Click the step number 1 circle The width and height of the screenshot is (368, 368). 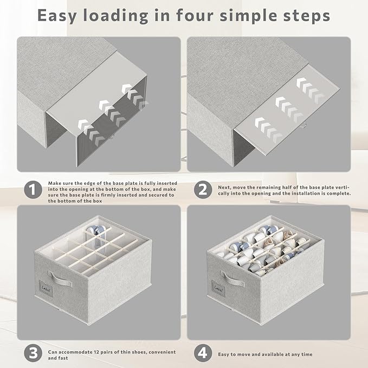(33, 190)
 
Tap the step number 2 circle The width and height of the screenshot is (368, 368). (203, 190)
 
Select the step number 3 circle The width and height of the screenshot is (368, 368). (33, 353)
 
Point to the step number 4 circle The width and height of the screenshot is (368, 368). (203, 353)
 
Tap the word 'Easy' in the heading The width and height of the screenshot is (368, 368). (57, 16)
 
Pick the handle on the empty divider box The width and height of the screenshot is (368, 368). (60, 279)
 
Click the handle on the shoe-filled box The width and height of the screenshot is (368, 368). (232, 279)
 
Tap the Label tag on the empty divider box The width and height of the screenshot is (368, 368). (46, 288)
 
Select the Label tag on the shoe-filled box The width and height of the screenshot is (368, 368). (218, 288)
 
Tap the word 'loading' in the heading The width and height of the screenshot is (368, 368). (115, 16)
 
